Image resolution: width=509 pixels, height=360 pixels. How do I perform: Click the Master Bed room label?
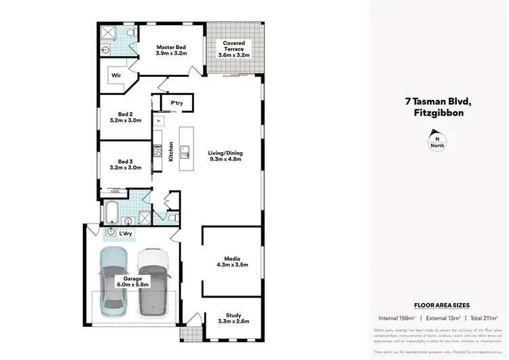pos(171,47)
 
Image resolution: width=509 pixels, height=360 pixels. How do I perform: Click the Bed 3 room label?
pos(125,162)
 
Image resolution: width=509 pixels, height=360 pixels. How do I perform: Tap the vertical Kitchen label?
pos(172,149)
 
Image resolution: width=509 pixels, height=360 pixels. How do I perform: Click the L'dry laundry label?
pos(126,234)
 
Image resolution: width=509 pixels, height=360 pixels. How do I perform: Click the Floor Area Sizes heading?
pos(442,306)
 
